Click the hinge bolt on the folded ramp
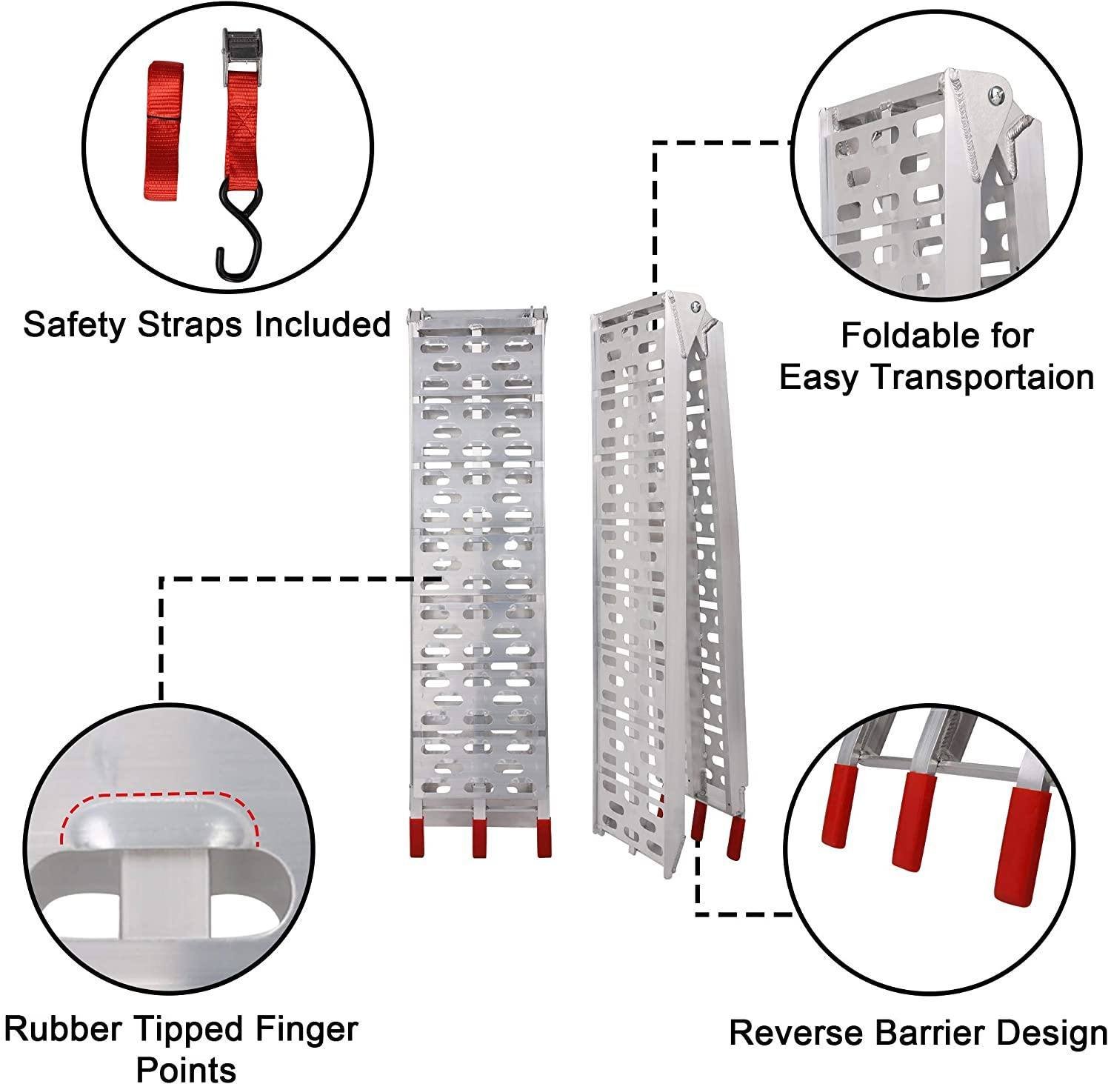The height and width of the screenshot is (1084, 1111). tap(695, 307)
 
